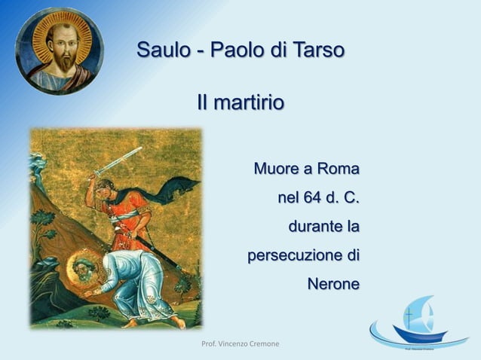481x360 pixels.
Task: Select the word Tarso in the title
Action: [x=319, y=50]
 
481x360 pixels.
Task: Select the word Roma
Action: [x=337, y=168]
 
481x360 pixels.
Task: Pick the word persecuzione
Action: [x=293, y=255]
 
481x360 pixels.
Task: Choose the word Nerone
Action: [x=332, y=285]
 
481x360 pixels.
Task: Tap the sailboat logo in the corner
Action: [x=418, y=324]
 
